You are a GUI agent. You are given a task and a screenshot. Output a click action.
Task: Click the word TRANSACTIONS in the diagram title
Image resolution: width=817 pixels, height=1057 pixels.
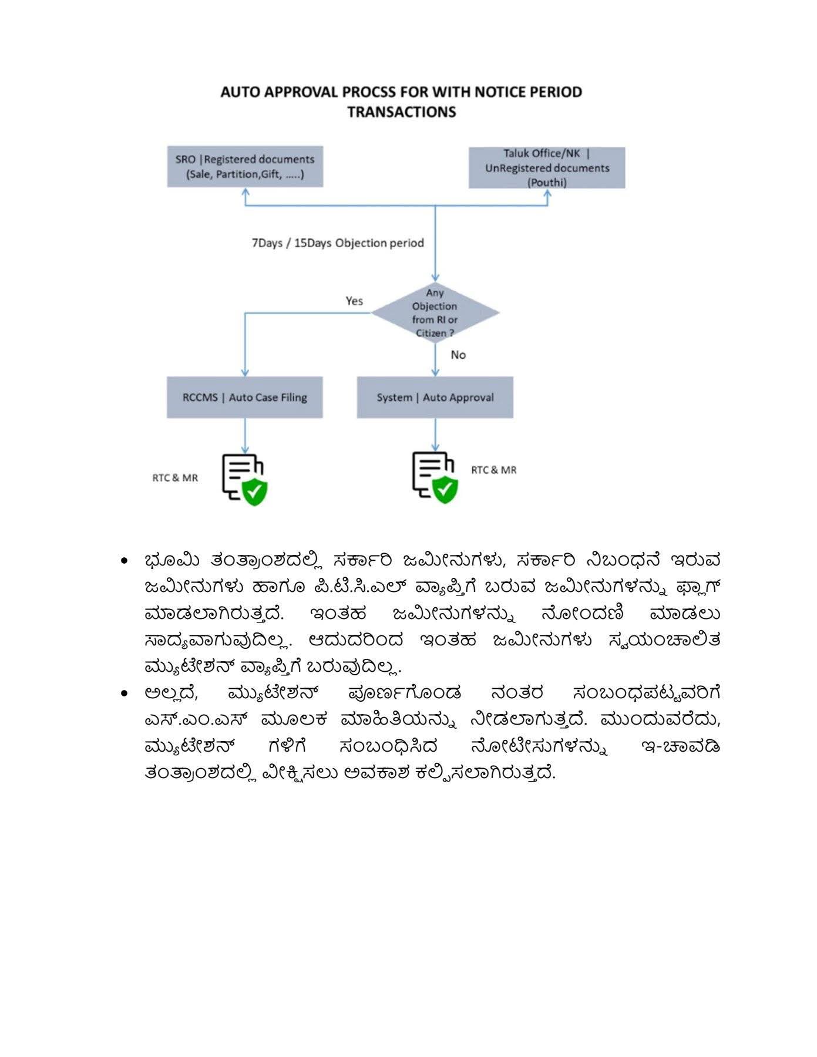[401, 112]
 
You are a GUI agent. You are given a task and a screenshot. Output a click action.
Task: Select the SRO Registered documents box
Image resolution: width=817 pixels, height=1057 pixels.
[245, 167]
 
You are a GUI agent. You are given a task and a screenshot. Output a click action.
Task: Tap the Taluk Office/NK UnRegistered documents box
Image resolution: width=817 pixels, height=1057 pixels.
[546, 168]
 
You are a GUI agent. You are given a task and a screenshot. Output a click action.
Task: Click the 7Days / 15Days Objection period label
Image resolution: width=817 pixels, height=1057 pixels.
[338, 243]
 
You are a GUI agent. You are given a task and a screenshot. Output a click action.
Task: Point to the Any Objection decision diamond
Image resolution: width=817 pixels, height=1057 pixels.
[435, 313]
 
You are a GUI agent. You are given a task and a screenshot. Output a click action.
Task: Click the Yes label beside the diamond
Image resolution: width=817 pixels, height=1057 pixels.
[354, 301]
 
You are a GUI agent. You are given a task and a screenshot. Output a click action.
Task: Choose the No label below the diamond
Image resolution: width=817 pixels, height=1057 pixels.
[458, 355]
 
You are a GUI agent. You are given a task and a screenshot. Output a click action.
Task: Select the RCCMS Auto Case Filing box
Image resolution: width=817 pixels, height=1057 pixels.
[244, 398]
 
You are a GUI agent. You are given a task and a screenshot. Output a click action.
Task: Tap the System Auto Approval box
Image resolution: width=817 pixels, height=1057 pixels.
[435, 398]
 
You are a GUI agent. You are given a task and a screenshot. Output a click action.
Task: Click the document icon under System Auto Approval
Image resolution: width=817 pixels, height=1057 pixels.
[435, 477]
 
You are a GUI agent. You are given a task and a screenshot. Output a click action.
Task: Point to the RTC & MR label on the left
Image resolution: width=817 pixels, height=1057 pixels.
[175, 478]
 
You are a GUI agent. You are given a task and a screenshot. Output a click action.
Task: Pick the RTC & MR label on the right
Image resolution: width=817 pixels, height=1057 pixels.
[494, 470]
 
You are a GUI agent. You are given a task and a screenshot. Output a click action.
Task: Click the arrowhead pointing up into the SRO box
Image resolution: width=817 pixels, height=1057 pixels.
[246, 192]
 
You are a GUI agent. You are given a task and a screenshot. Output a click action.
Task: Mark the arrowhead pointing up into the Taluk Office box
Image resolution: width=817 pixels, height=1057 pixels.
[547, 193]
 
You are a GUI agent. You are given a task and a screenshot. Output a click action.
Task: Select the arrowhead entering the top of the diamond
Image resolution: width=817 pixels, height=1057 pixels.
[435, 277]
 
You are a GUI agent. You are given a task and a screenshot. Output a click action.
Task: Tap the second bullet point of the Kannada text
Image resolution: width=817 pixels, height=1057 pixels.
[124, 694]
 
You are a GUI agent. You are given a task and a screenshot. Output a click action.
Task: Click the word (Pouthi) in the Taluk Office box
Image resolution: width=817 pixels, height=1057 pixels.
[547, 183]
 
